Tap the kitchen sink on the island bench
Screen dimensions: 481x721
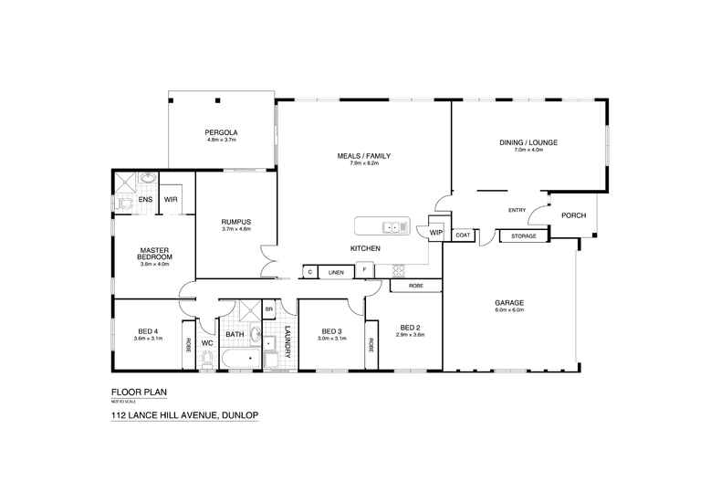[393, 226]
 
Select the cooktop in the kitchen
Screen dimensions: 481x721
[397, 269]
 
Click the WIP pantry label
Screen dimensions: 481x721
[435, 233]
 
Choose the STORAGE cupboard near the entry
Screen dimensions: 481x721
[523, 236]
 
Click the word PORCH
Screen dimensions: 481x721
[573, 215]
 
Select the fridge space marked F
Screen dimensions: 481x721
[364, 271]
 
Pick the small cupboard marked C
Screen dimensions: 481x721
[310, 272]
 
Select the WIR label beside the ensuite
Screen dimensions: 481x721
[170, 199]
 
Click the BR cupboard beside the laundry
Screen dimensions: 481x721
[268, 310]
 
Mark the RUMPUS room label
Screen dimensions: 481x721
[235, 222]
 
